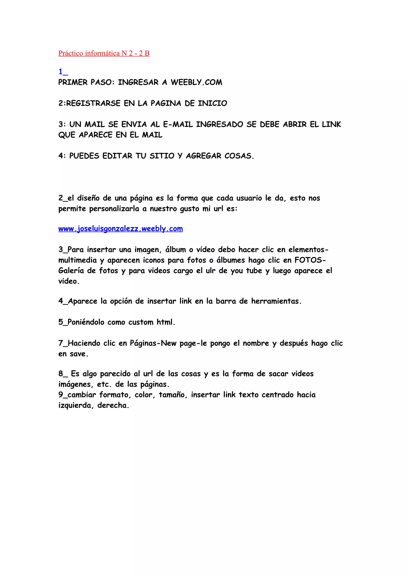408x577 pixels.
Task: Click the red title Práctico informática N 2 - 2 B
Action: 104,53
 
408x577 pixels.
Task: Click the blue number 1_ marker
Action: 63,72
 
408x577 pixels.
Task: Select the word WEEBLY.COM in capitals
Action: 196,82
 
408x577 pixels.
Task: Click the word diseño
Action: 88,198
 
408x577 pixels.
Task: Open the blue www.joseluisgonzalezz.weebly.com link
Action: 120,229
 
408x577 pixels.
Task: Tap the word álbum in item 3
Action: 176,250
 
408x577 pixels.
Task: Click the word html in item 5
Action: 165,322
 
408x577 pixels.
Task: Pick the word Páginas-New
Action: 153,343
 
